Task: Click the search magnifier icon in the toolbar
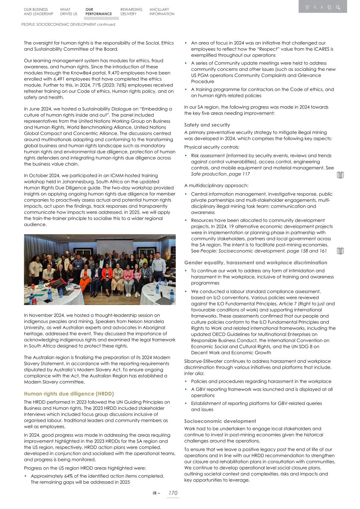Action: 338,7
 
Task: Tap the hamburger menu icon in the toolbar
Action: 307,7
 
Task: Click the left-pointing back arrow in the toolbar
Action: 315,7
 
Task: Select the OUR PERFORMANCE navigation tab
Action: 98,12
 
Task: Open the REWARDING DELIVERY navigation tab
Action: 131,12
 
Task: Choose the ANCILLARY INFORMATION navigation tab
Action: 162,12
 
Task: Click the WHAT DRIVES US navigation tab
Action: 69,12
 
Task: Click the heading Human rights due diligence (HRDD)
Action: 69,394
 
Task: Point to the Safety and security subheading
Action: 207,125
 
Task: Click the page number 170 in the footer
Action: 173,493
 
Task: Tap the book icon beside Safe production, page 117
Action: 340,175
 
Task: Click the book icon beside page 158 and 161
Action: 340,251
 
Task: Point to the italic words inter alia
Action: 194,373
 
